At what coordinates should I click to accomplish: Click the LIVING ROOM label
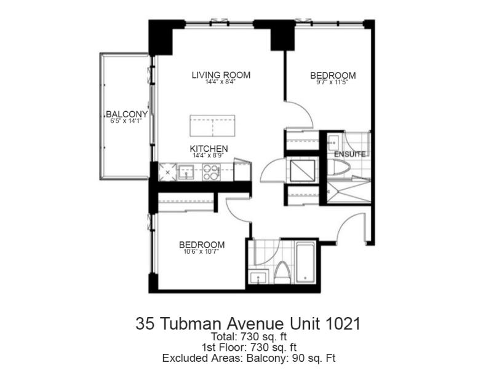[x=221, y=75]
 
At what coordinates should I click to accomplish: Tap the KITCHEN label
[x=209, y=149]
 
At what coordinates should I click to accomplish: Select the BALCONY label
[x=127, y=114]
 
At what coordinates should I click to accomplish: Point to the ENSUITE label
[x=349, y=154]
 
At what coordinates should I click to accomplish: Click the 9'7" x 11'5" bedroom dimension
[x=333, y=82]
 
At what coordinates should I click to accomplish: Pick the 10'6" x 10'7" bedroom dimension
[x=201, y=252]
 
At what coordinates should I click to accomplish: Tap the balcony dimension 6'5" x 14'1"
[x=126, y=121]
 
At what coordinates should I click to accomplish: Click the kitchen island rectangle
[x=212, y=126]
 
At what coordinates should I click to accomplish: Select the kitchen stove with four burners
[x=211, y=173]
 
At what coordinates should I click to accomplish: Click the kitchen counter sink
[x=186, y=172]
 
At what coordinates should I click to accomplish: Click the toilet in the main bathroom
[x=282, y=273]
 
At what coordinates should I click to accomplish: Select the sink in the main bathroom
[x=258, y=277]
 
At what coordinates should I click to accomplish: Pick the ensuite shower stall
[x=349, y=192]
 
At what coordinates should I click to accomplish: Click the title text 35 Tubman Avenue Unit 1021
[x=249, y=324]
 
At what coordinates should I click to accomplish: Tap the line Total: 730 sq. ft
[x=249, y=337]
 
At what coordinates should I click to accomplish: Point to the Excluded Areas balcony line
[x=249, y=358]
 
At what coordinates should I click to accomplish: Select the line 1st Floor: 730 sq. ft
[x=249, y=347]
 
